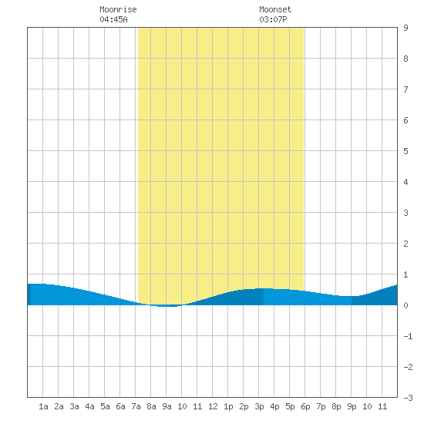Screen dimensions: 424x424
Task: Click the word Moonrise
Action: click(x=118, y=9)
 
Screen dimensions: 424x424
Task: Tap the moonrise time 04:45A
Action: click(x=113, y=19)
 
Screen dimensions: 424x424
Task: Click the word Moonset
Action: click(x=275, y=9)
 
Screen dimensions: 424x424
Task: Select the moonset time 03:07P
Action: click(x=273, y=19)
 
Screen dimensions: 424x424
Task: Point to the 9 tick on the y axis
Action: click(x=405, y=28)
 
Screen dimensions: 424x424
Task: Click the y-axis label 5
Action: click(x=405, y=151)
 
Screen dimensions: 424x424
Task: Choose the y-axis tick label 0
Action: click(x=405, y=305)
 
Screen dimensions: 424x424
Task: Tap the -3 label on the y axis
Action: click(x=408, y=398)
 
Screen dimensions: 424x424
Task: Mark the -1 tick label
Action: click(x=408, y=336)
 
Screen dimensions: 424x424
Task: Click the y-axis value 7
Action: click(x=405, y=89)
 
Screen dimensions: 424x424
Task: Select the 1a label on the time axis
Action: click(x=43, y=406)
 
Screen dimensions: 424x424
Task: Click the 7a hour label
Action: click(x=136, y=406)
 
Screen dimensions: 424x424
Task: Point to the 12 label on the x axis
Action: click(x=213, y=406)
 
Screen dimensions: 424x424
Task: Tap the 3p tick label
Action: click(x=259, y=406)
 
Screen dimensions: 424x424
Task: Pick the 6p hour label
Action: click(x=305, y=406)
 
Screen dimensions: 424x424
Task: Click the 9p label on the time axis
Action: click(x=352, y=406)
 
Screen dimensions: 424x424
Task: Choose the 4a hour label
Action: click(x=89, y=406)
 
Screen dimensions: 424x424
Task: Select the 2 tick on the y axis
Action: click(x=405, y=244)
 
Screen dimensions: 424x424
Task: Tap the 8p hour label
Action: click(x=336, y=406)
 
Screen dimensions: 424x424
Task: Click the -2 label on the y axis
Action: click(x=408, y=367)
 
